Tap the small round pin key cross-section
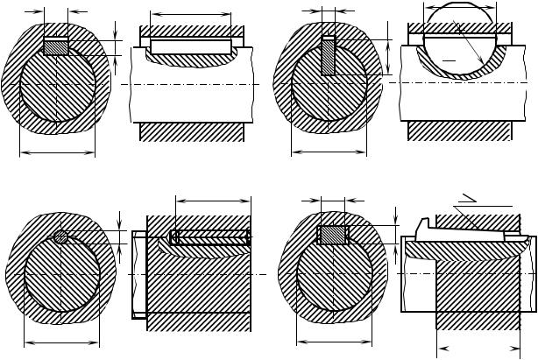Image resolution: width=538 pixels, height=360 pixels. coord(60,236)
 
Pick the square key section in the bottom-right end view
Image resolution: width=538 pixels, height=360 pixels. coord(331,235)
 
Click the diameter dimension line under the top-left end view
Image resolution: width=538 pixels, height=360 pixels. coord(56,152)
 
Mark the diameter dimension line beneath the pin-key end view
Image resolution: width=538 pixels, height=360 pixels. coord(62,342)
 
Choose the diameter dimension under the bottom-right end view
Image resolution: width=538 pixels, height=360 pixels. coord(332,342)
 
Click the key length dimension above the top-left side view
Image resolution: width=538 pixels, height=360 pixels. coord(191,14)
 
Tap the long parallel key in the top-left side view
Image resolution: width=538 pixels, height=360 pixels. coord(191,46)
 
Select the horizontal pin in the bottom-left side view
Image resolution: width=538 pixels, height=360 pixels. coord(213,236)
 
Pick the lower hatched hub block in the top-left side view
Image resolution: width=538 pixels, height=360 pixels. coord(191,131)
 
